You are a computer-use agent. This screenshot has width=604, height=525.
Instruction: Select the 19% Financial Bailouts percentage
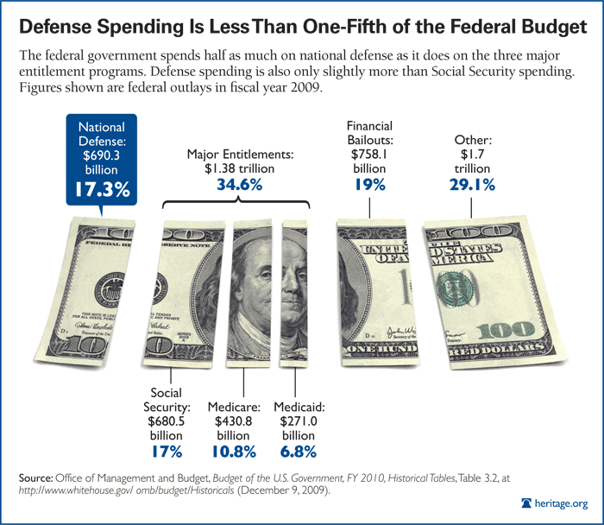[369, 184]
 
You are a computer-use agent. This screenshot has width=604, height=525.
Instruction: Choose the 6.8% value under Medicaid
[299, 452]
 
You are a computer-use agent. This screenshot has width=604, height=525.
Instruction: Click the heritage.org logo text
[561, 503]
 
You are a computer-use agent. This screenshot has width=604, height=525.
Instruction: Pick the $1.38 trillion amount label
[240, 169]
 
